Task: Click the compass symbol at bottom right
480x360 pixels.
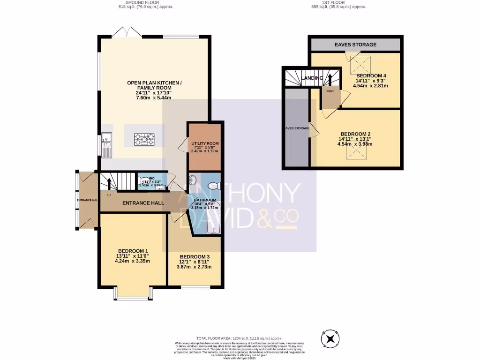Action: (x=331, y=338)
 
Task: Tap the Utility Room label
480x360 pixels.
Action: (x=205, y=143)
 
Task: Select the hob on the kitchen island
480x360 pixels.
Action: (x=144, y=138)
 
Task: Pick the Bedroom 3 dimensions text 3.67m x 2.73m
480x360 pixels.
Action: (x=194, y=267)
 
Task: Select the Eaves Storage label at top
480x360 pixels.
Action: (x=355, y=45)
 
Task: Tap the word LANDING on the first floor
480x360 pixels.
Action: (x=312, y=78)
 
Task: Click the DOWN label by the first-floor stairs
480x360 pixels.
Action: (x=330, y=91)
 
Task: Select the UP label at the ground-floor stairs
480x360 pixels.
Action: (x=109, y=195)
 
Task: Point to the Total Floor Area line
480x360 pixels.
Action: (x=240, y=338)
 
